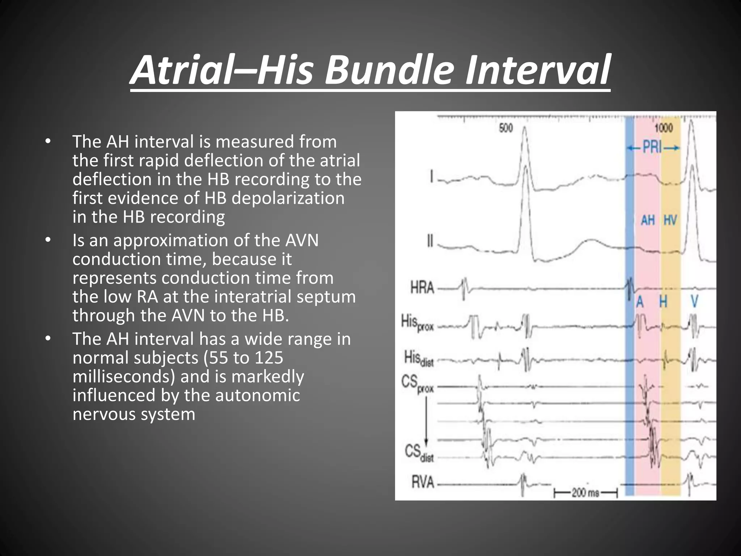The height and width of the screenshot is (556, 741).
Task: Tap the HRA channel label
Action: point(422,288)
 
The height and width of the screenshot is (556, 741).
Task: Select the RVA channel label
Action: point(423,483)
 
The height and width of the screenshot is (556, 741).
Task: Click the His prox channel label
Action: point(417,323)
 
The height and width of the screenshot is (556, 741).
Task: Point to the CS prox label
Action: point(417,383)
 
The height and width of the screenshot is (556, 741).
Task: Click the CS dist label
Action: point(419,453)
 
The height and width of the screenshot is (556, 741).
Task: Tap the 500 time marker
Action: point(506,128)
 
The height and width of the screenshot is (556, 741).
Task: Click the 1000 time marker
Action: point(664,128)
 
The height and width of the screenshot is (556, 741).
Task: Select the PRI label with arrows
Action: point(653,148)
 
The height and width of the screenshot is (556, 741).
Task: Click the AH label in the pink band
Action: point(648,220)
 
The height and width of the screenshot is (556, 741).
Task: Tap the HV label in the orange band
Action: point(670,220)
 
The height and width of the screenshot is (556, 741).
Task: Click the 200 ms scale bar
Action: point(585,493)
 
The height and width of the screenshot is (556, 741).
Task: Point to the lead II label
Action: point(430,241)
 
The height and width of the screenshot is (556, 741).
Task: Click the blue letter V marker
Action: point(694,302)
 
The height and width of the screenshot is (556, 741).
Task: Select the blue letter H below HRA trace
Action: point(663,302)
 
